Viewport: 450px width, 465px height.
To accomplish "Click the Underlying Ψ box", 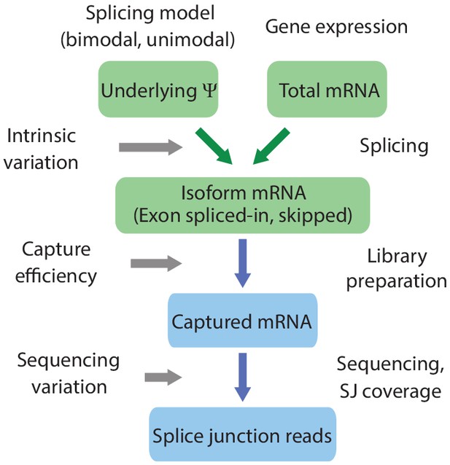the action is pos(158,89).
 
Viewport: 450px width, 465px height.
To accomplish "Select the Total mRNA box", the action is pos(327,89).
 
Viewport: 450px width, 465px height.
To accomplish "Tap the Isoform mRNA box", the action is pos(243,206).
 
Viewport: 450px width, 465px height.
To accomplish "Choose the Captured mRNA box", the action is pos(243,320).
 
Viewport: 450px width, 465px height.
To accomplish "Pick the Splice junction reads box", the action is pos(243,434).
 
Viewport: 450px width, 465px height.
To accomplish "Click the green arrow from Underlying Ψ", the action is pos(214,146).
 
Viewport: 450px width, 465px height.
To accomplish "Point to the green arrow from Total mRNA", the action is pos(271,146).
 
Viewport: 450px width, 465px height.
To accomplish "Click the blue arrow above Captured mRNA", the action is pos(243,263).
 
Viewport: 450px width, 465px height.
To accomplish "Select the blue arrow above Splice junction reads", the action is pos(243,377).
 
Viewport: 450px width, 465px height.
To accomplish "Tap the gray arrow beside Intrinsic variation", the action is pos(151,147).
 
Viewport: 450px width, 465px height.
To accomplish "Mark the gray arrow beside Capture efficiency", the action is pos(156,263).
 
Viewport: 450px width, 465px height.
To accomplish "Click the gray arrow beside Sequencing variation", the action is pos(163,378).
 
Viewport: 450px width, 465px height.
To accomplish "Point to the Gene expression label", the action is pos(336,27).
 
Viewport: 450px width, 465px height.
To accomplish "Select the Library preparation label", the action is pos(397,269).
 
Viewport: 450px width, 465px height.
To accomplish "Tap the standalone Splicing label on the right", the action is pos(394,146).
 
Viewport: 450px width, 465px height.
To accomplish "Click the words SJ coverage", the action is pos(390,391).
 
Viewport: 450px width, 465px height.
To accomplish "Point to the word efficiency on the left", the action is pos(56,276).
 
